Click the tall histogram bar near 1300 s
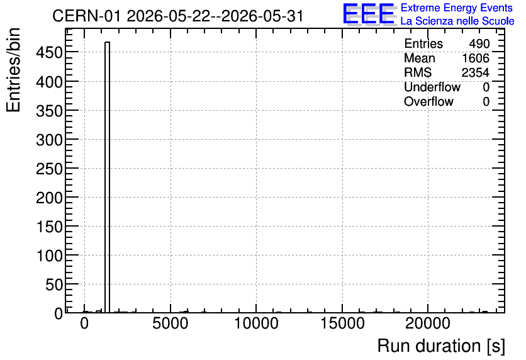point(108,177)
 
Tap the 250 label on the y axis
point(49,169)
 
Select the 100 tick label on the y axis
point(49,256)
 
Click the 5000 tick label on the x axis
point(171,323)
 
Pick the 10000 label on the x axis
point(256,323)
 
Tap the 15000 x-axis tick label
point(342,323)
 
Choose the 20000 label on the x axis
point(428,323)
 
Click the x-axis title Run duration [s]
point(441,346)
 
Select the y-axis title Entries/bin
point(13,70)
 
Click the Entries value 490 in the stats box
point(479,43)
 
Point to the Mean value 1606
point(476,58)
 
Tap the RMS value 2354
point(476,72)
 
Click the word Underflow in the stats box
point(432,87)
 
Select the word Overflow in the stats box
point(428,101)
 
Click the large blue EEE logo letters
point(369,14)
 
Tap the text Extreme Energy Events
point(457,8)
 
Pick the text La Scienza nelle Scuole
point(457,21)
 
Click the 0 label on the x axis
point(84,323)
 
